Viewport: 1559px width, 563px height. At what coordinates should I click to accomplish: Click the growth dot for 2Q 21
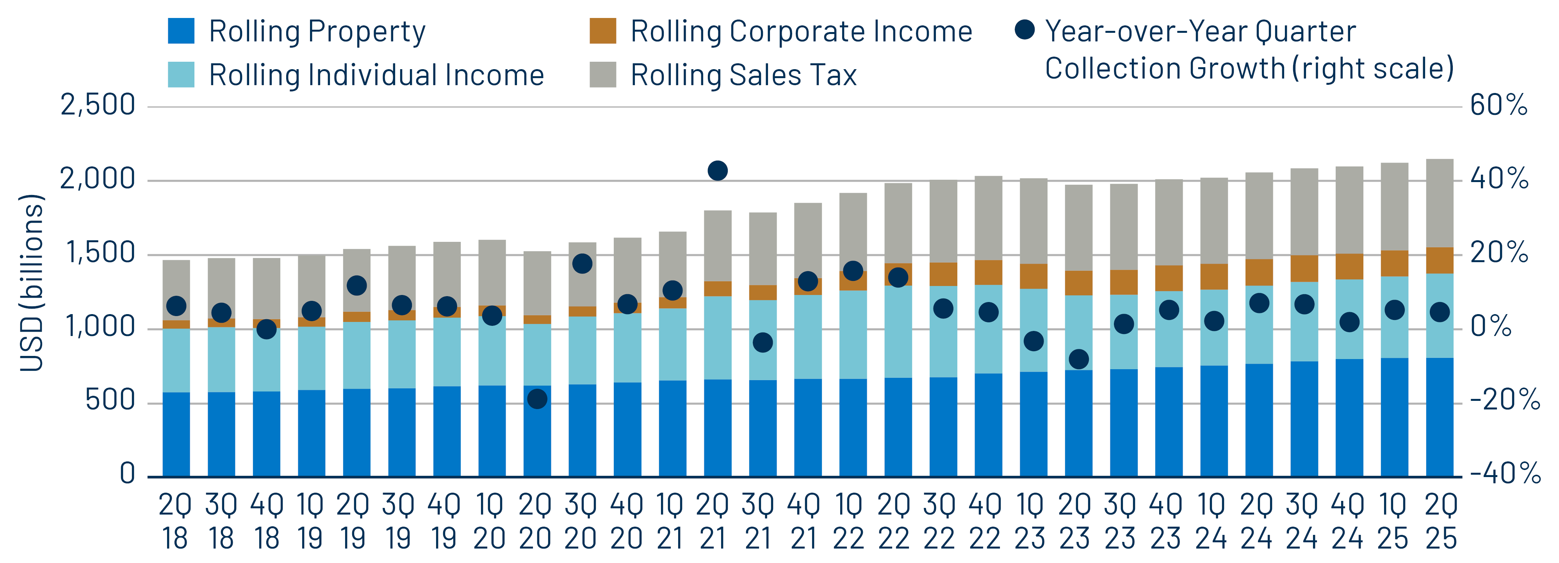717,171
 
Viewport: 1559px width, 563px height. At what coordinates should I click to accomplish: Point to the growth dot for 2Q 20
537,399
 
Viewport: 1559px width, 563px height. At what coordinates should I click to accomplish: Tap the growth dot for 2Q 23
1078,359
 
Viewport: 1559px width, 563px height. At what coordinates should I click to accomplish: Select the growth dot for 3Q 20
582,263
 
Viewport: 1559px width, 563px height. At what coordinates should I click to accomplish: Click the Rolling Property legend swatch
181,31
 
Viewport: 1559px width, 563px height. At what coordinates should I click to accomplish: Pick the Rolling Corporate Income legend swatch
603,31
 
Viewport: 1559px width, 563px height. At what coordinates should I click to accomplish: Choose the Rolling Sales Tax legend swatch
603,75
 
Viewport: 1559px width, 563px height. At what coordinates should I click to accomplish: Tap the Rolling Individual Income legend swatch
181,75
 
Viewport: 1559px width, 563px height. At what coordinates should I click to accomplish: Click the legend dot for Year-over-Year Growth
1024,29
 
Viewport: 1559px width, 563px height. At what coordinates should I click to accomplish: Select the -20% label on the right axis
1504,400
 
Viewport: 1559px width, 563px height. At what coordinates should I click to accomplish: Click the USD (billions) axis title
32,283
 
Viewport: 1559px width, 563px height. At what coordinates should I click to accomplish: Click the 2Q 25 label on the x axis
1440,521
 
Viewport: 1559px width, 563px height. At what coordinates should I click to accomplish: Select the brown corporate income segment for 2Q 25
1440,260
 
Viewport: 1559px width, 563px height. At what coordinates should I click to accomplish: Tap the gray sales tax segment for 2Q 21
717,245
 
